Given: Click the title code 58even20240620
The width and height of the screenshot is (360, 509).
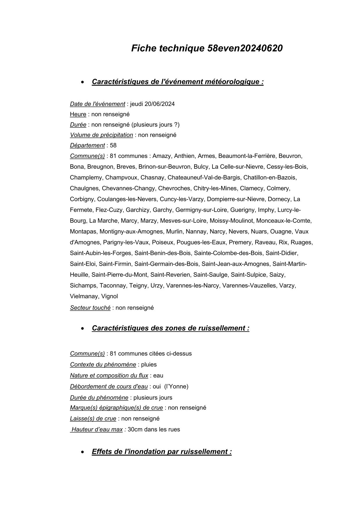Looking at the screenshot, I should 245,48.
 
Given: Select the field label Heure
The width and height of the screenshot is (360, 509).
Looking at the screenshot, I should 78,114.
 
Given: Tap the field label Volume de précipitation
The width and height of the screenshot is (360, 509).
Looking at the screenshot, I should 101,135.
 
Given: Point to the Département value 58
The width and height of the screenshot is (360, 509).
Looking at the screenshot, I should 113,145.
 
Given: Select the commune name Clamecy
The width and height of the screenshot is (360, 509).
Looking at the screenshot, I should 251,188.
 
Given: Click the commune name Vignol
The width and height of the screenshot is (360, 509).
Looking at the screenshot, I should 109,296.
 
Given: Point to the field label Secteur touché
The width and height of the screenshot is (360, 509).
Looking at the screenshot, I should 90,308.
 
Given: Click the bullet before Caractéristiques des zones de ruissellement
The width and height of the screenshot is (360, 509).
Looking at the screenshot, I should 83,329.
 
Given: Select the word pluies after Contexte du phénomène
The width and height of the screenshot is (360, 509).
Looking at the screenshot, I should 149,365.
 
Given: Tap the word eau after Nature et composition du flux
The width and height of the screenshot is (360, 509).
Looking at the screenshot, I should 158,376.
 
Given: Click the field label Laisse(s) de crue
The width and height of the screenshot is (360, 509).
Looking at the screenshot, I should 93,419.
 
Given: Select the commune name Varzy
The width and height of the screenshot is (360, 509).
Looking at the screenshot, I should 287,286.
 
